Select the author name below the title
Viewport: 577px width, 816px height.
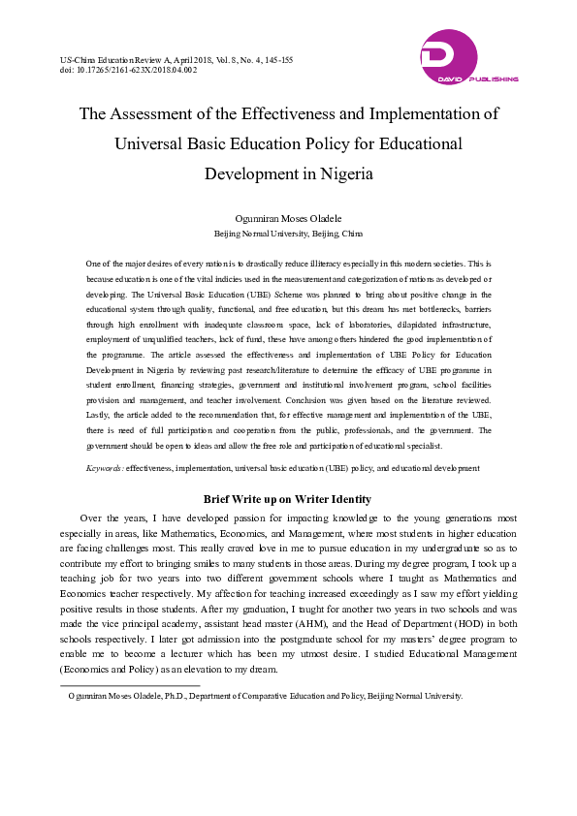pos(288,219)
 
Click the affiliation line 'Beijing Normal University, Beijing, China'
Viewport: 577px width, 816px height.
pos(288,234)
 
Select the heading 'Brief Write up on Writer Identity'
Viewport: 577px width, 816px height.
pos(287,499)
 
